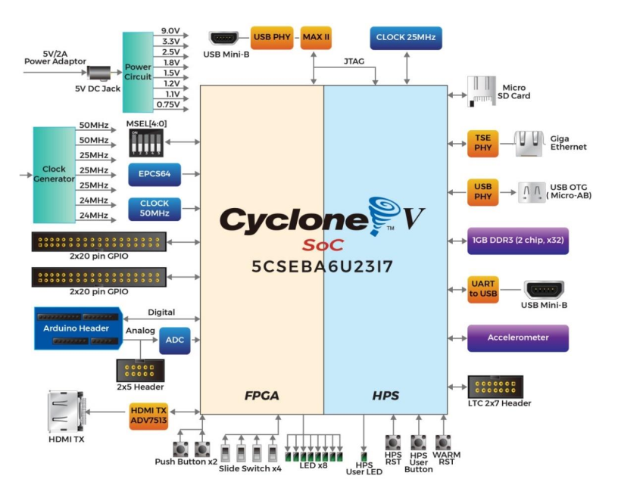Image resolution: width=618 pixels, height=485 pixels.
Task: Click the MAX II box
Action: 315,37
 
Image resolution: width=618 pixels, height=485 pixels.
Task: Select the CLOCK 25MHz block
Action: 405,38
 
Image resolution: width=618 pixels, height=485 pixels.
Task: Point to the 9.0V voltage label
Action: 170,30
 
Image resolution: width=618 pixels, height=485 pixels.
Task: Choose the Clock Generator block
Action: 54,174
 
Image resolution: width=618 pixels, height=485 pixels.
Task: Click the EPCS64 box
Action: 154,174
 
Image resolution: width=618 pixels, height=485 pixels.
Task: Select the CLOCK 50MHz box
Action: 154,208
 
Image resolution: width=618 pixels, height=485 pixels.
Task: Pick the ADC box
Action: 173,341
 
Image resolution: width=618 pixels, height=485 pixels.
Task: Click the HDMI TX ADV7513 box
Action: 148,414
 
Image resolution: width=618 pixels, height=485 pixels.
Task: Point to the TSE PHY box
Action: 482,143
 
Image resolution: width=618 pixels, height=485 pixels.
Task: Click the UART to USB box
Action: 482,290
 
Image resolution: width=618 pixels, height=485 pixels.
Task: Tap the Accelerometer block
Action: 518,337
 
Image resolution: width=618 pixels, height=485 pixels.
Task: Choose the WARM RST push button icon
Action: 443,440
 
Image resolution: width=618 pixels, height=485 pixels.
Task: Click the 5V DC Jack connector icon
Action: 98,73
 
